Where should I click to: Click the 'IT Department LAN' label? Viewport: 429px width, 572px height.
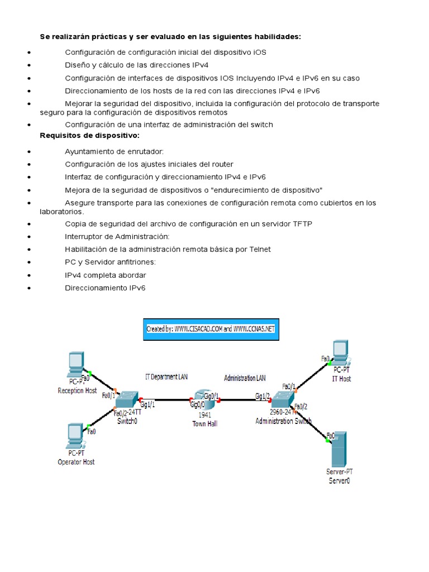pyautogui.click(x=166, y=377)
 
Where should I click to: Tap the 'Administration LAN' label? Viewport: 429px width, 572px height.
pyautogui.click(x=245, y=378)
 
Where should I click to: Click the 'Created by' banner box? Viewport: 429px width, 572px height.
pyautogui.click(x=211, y=329)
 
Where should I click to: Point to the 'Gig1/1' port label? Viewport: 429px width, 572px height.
pyautogui.click(x=147, y=404)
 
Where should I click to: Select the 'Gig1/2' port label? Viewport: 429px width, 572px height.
pyautogui.click(x=263, y=396)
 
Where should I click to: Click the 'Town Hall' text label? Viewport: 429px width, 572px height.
pyautogui.click(x=204, y=423)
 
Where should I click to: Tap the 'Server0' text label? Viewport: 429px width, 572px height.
pyautogui.click(x=339, y=480)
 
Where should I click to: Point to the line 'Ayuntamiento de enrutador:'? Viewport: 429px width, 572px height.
pyautogui.click(x=115, y=151)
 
